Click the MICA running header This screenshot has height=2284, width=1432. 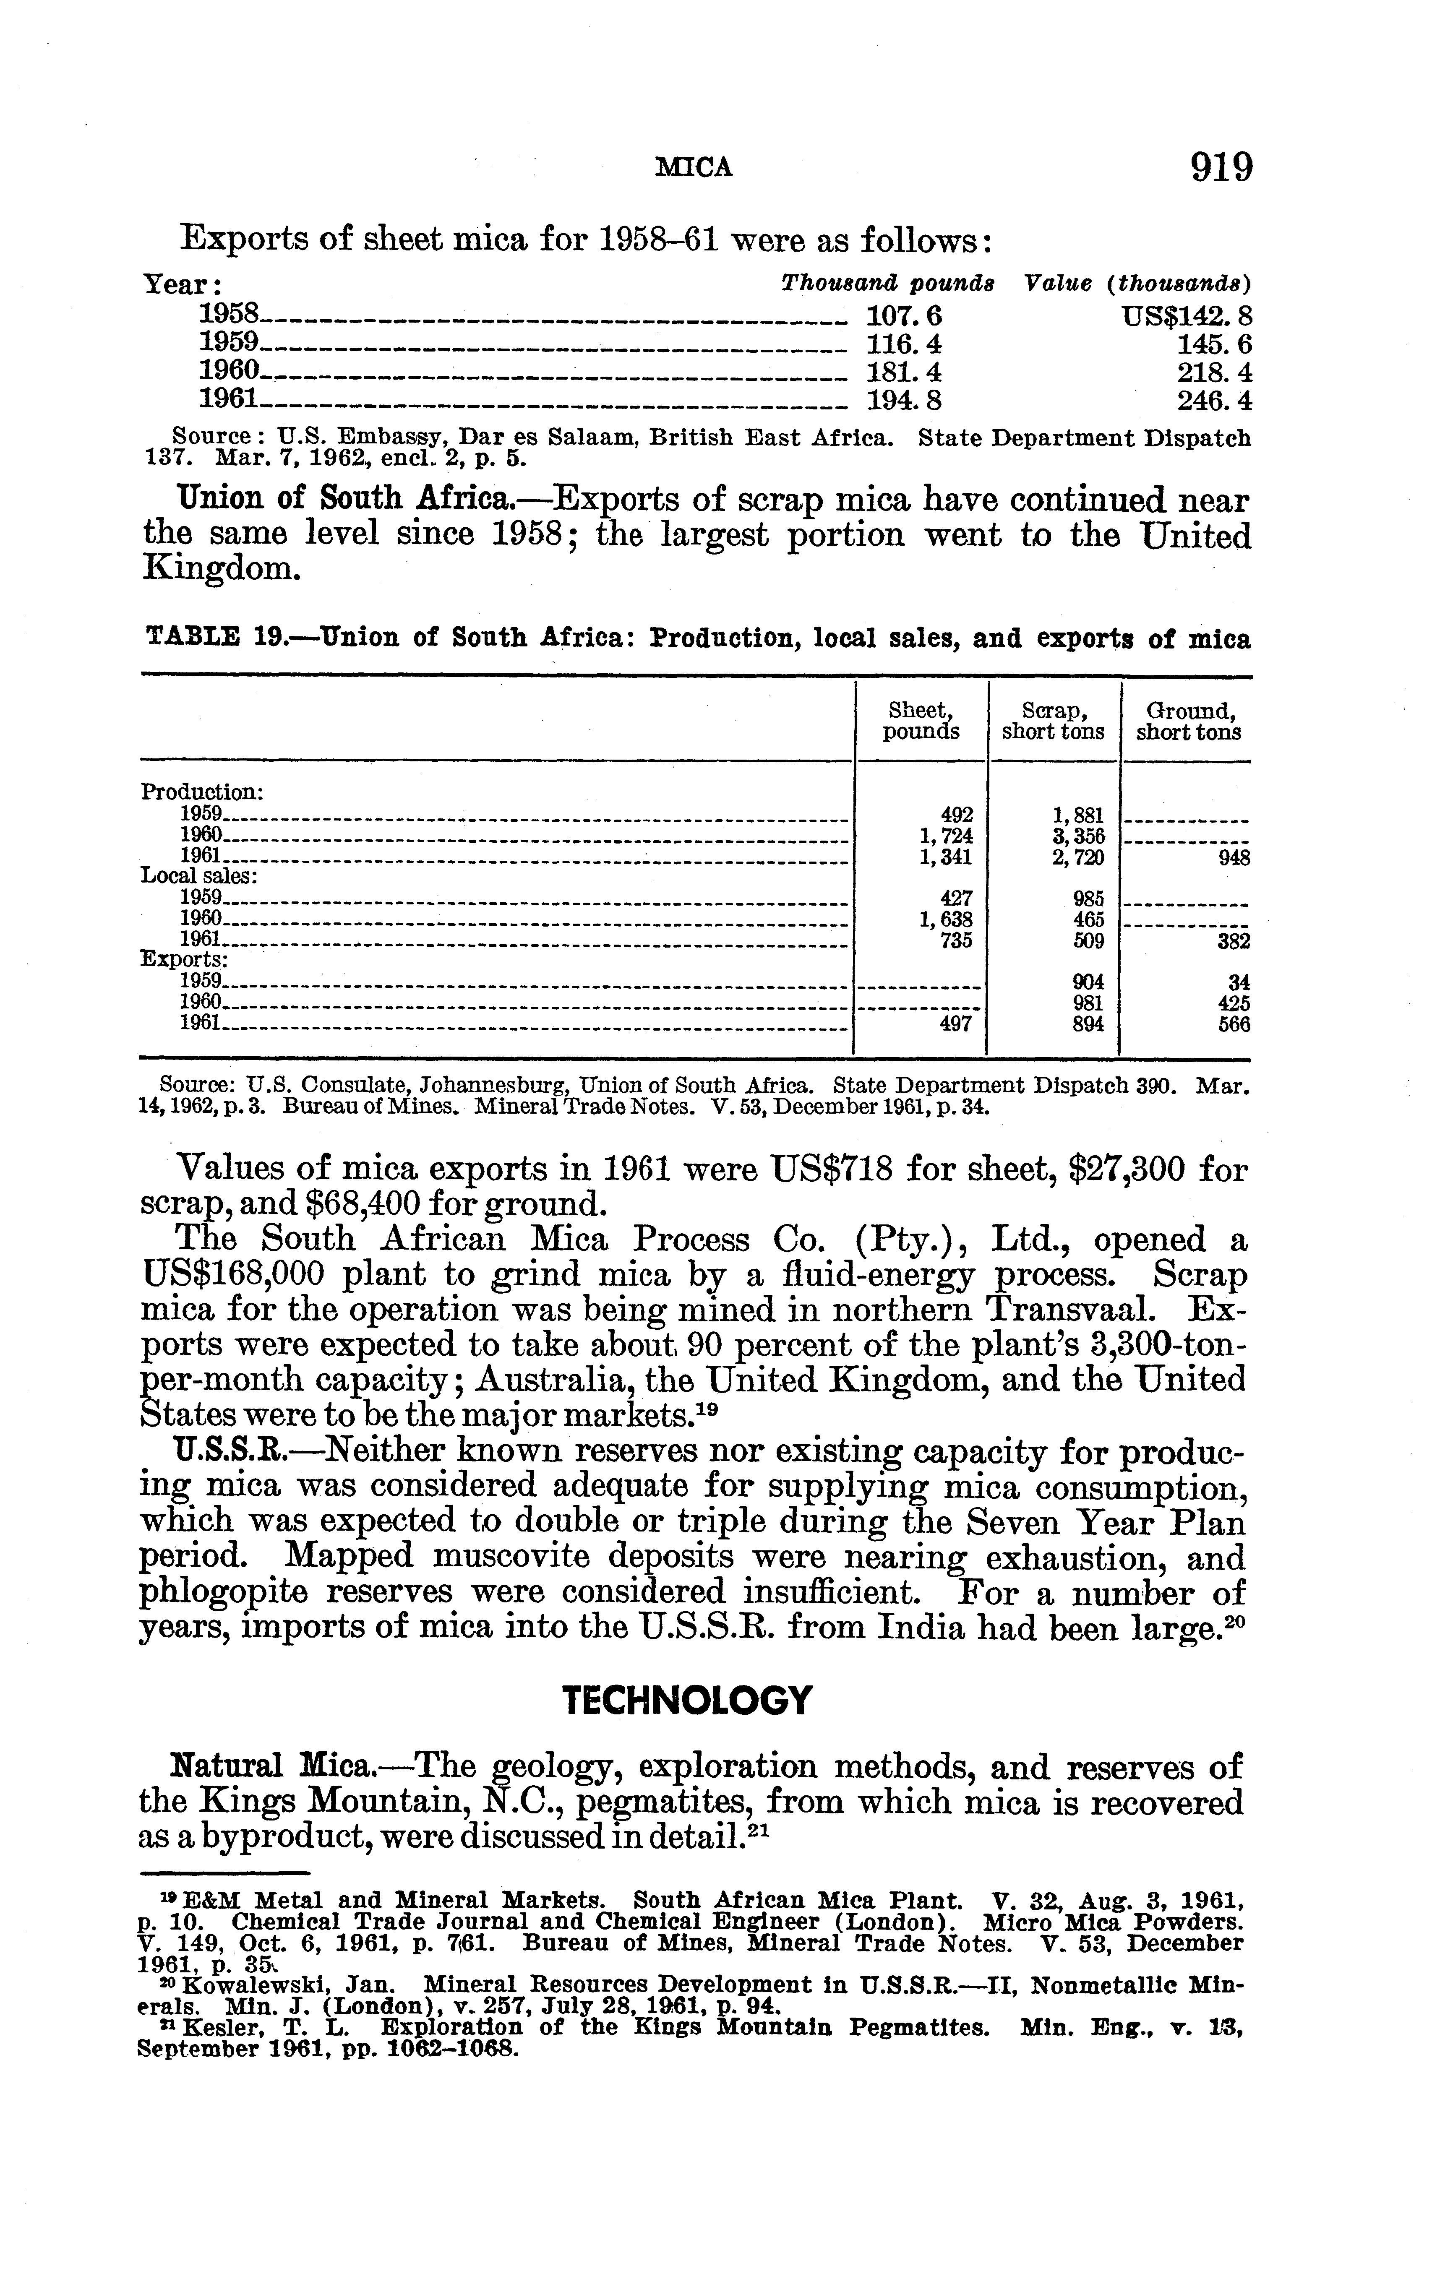695,169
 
